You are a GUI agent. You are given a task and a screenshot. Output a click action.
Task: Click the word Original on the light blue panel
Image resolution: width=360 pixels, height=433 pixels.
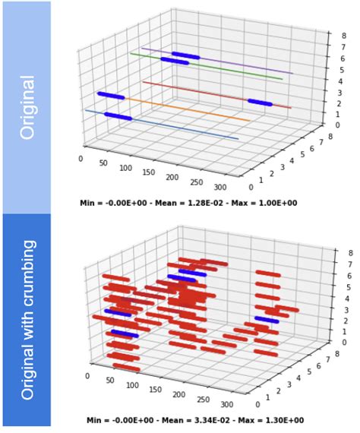pyautogui.click(x=27, y=106)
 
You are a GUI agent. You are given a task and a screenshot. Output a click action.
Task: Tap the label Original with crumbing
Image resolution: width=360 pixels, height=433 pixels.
pyautogui.click(x=27, y=320)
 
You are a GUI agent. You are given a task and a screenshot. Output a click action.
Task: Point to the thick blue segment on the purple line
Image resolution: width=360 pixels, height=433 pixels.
pyautogui.click(x=185, y=55)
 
